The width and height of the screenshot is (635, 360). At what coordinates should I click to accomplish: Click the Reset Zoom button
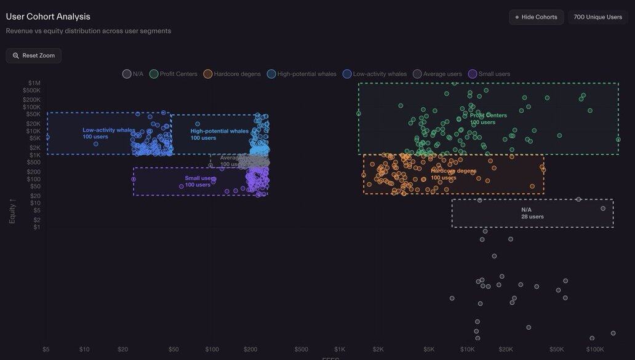[34, 55]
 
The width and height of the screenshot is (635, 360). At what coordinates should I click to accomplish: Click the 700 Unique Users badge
[597, 17]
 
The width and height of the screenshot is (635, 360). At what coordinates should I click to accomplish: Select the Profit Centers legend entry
[174, 74]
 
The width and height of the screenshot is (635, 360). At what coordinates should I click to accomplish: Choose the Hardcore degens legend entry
[232, 74]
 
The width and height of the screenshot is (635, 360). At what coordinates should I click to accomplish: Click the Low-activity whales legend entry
[375, 74]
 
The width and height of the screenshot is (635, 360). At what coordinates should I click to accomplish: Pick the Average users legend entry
[437, 74]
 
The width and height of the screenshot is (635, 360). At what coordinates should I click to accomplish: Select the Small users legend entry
[489, 74]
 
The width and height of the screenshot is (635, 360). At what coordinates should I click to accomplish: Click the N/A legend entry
[133, 74]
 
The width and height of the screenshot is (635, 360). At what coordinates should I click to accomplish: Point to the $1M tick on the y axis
[34, 83]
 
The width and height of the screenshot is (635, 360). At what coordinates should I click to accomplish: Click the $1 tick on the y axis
[37, 227]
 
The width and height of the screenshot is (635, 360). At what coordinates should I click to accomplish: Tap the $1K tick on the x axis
[340, 350]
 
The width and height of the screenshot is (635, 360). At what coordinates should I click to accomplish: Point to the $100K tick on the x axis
[595, 350]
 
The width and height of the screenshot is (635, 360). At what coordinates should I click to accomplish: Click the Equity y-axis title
[12, 210]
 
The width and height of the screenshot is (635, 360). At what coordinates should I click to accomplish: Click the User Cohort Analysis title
[48, 17]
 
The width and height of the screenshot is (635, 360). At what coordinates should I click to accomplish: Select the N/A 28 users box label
[532, 213]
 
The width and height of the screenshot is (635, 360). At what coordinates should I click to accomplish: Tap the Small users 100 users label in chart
[199, 182]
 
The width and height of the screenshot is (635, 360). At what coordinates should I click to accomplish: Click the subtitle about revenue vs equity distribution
[89, 31]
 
